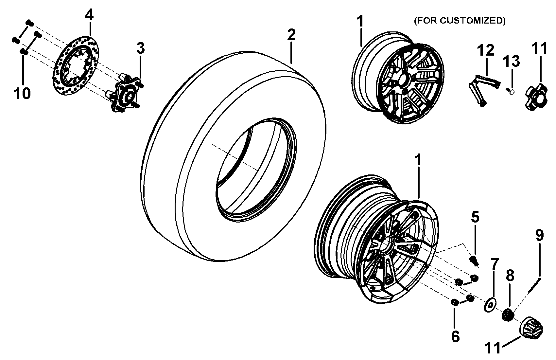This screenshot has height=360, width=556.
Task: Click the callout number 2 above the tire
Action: click(x=291, y=35)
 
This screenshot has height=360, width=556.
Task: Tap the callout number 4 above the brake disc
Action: click(x=89, y=15)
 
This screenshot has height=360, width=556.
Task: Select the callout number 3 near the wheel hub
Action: click(x=141, y=48)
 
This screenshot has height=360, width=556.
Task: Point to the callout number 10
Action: click(x=22, y=93)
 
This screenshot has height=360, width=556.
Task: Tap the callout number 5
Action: click(x=475, y=217)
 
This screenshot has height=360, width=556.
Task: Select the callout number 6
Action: click(x=455, y=336)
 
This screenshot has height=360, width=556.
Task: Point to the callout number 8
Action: click(x=510, y=276)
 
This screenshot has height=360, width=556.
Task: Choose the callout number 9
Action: click(x=540, y=235)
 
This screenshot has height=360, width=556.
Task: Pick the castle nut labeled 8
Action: click(x=508, y=315)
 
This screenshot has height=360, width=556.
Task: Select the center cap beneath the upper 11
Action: click(x=536, y=97)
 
